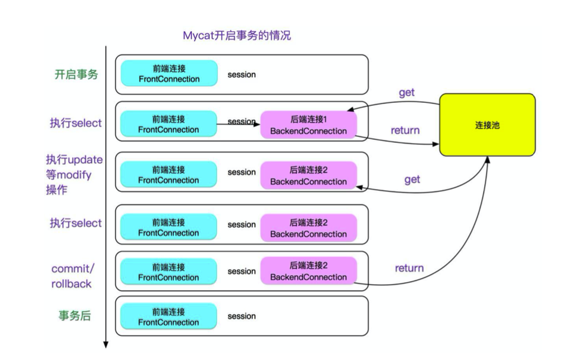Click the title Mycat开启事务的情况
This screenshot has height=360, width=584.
[237, 36]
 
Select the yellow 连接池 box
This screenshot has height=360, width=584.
[487, 125]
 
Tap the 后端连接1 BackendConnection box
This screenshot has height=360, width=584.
[308, 125]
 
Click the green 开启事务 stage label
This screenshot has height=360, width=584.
[77, 74]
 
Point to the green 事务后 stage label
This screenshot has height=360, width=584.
[75, 316]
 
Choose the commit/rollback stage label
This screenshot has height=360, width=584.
[73, 276]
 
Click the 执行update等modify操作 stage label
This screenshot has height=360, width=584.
[74, 175]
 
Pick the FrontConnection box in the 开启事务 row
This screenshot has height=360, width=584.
[169, 74]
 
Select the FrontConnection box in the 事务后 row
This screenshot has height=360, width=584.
[169, 316]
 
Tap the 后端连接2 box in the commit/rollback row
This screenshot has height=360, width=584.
[308, 271]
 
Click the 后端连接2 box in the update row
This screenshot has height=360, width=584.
[308, 176]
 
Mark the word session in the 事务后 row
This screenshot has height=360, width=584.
[241, 316]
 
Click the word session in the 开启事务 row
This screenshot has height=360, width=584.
[241, 75]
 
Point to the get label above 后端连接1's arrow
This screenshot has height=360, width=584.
[406, 93]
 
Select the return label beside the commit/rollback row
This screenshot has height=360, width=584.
[409, 268]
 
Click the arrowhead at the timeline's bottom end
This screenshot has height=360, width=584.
[106, 344]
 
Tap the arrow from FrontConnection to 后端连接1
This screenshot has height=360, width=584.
[239, 124]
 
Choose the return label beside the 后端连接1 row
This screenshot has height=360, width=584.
[405, 130]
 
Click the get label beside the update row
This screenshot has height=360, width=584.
[412, 179]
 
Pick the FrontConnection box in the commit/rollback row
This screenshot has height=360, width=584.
[169, 271]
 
